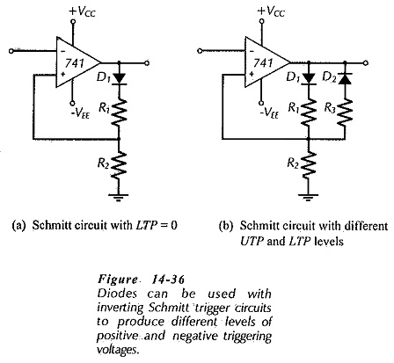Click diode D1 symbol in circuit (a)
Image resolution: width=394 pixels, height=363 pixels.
pyautogui.click(x=119, y=78)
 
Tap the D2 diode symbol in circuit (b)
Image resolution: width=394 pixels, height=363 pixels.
pyautogui.click(x=345, y=78)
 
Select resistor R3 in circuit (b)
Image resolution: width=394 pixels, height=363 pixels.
pyautogui.click(x=345, y=113)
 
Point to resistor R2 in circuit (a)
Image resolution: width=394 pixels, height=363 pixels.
pyautogui.click(x=119, y=165)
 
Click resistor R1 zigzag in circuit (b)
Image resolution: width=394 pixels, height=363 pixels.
pyautogui.click(x=309, y=113)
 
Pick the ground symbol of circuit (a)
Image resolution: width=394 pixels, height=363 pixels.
pyautogui.click(x=119, y=196)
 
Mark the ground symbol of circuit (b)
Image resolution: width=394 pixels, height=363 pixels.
pyautogui.click(x=308, y=196)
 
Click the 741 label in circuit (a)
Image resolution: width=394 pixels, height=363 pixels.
pyautogui.click(x=75, y=63)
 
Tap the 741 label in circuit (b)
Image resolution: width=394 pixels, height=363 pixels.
pyautogui.click(x=264, y=63)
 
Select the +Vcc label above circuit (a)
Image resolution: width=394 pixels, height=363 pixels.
pyautogui.click(x=82, y=11)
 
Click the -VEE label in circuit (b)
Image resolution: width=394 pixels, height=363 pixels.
pyautogui.click(x=269, y=112)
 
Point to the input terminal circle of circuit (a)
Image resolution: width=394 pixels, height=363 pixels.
pyautogui.click(x=11, y=51)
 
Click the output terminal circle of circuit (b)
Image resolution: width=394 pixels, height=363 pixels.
pyautogui.click(x=365, y=63)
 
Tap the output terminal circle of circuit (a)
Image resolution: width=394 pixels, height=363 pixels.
pyautogui.click(x=147, y=63)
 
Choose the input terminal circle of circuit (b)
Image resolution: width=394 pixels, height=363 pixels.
pyautogui.click(x=200, y=51)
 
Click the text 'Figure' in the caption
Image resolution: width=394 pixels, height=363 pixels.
pyautogui.click(x=117, y=280)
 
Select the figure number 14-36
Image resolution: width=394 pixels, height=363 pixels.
pyautogui.click(x=168, y=280)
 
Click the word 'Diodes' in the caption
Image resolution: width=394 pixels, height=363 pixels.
pyautogui.click(x=117, y=294)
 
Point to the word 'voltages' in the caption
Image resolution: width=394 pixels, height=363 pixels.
pyautogui.click(x=117, y=350)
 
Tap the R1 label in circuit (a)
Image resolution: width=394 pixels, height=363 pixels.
pyautogui.click(x=104, y=108)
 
